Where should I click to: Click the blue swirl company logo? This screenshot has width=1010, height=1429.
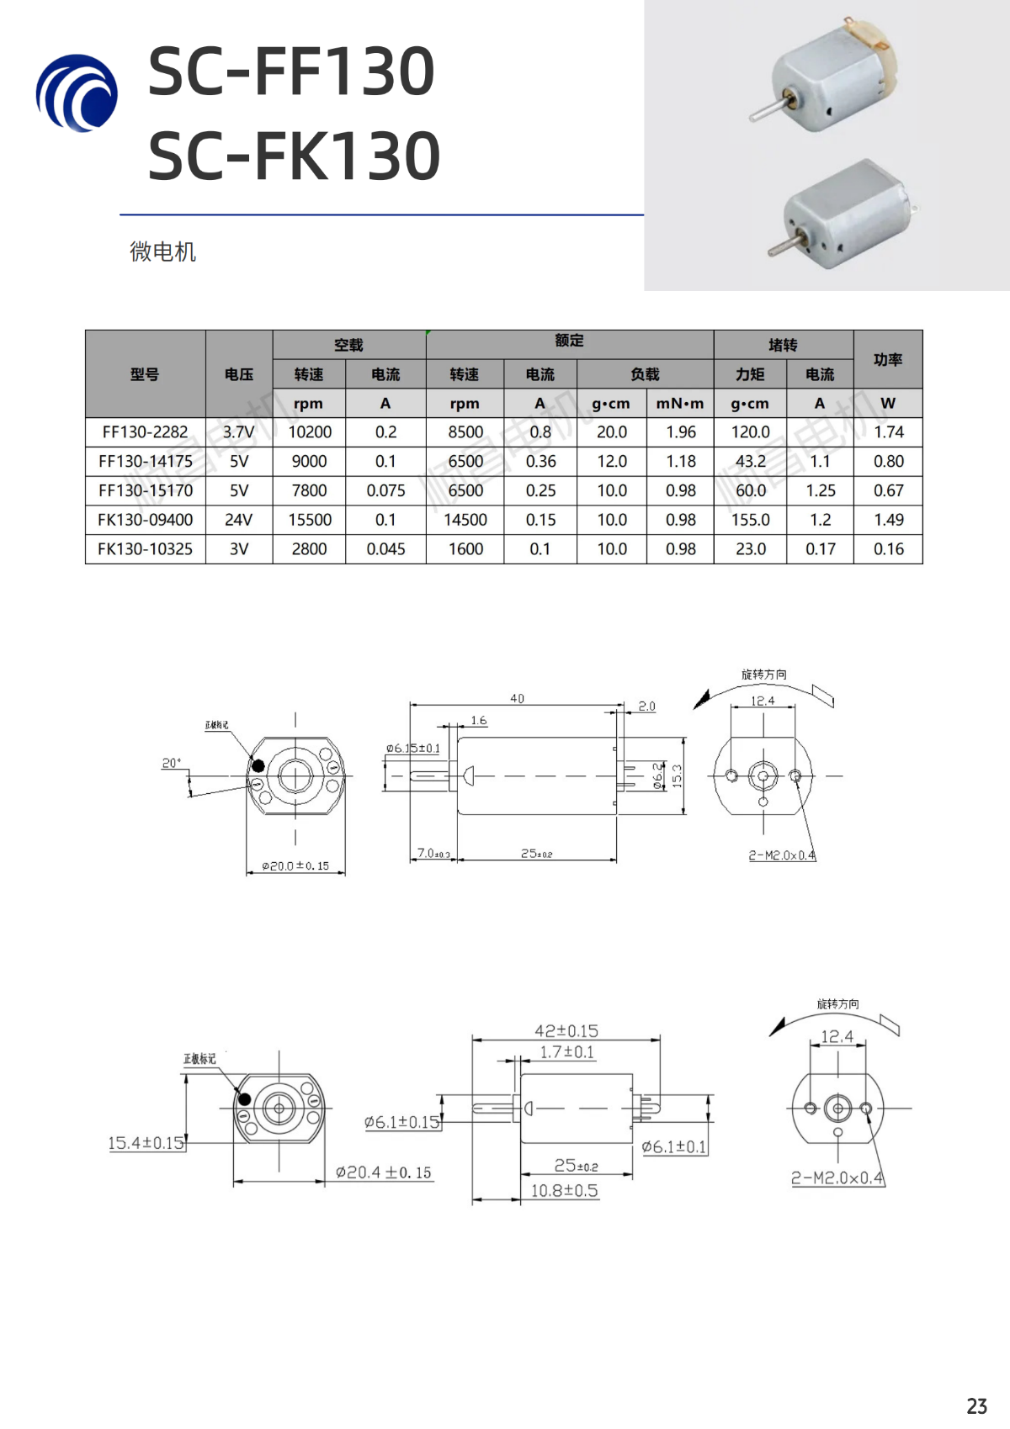77,93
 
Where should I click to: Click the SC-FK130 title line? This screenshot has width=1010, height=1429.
294,156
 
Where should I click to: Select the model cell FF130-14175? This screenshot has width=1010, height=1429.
146,461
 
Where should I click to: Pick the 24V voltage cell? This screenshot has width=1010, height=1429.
238,520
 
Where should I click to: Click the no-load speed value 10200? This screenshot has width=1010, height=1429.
310,432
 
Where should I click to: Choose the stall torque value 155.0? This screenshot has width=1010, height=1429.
750,520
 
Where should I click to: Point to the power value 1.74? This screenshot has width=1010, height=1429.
888,432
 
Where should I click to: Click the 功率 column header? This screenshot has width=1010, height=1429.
888,360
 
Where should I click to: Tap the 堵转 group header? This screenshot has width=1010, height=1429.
783,345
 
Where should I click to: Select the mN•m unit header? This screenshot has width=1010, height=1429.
680,404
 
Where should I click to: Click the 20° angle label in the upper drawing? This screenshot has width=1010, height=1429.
171,763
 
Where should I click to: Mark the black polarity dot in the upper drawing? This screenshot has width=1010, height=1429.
258,765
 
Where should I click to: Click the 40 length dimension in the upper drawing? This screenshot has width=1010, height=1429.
517,698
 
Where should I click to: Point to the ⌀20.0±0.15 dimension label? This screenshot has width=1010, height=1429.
295,865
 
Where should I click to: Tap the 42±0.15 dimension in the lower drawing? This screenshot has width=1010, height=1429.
566,1031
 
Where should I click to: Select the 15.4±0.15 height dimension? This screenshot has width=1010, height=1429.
146,1143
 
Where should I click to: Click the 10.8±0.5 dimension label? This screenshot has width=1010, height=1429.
564,1190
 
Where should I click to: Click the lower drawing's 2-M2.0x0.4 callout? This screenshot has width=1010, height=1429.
837,1178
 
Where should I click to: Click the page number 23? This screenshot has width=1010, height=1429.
976,1406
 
